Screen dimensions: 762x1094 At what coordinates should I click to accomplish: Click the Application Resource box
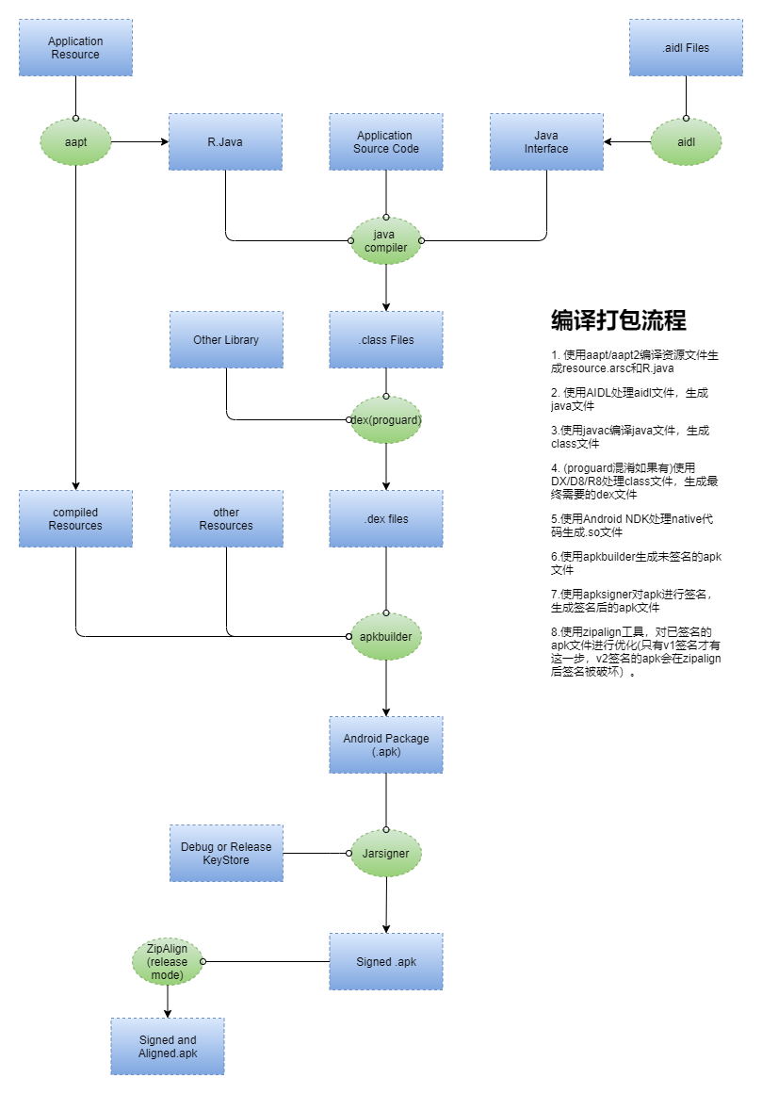[x=75, y=47]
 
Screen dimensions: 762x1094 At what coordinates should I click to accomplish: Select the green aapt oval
[x=75, y=141]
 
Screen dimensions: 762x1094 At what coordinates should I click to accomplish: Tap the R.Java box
[x=225, y=141]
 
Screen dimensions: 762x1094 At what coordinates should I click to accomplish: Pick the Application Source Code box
[x=385, y=141]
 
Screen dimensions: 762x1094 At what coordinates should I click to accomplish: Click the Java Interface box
[x=546, y=141]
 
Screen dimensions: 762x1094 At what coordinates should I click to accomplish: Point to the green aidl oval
[x=686, y=141]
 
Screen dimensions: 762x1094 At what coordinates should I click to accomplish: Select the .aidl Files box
[x=686, y=47]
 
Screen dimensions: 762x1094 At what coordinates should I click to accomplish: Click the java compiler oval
[x=385, y=240]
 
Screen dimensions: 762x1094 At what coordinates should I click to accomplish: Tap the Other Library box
[x=226, y=340]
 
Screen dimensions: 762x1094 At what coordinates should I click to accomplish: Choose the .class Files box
[x=385, y=340]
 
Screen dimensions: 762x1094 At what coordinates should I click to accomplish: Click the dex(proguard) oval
[x=385, y=419]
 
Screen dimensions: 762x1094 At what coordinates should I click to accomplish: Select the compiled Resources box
[x=75, y=518]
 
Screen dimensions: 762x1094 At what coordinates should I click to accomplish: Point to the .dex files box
[x=385, y=518]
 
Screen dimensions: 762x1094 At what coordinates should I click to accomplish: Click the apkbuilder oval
[x=385, y=636]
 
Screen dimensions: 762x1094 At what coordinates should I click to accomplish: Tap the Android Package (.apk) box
[x=385, y=744]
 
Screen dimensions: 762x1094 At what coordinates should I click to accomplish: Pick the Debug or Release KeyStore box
[x=226, y=854]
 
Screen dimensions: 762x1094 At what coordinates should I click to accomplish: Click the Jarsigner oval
[x=385, y=854]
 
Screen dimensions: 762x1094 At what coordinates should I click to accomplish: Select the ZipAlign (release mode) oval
[x=168, y=961]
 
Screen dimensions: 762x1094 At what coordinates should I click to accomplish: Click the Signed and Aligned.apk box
[x=168, y=1047]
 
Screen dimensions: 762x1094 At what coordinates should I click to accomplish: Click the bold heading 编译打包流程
[x=619, y=320]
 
